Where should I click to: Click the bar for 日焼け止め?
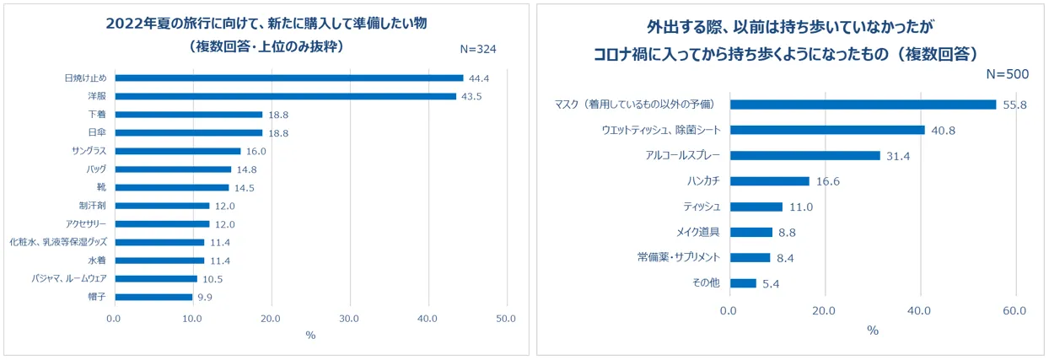click(288, 78)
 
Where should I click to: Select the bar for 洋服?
click(285, 96)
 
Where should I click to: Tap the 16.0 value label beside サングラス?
click(256, 151)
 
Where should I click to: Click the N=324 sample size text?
click(477, 49)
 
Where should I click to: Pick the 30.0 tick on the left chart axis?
click(349, 319)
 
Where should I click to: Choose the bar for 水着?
click(159, 261)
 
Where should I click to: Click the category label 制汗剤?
click(92, 206)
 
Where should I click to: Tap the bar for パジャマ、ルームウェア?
click(155, 278)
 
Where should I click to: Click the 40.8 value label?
click(942, 130)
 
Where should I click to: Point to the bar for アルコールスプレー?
click(804, 155)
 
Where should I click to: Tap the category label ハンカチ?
click(702, 181)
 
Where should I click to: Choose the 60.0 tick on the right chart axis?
click(1014, 310)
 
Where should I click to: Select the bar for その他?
click(743, 283)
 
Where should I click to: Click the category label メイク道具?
click(697, 233)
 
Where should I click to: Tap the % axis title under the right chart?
click(873, 330)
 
